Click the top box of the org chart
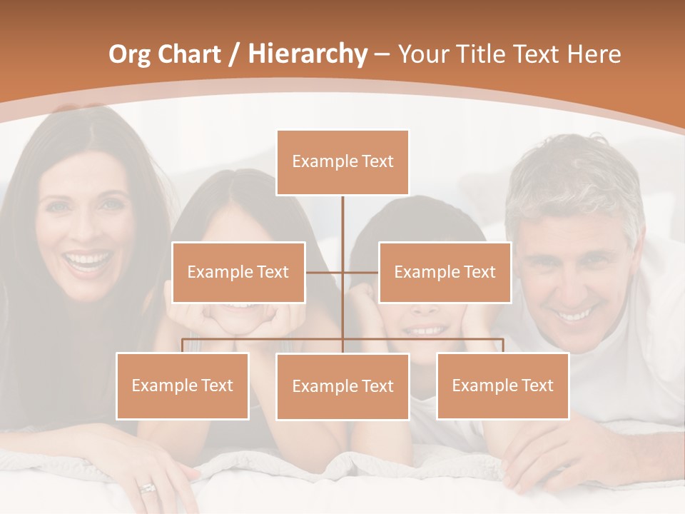point(342,162)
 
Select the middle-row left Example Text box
point(238,272)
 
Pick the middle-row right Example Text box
point(445,272)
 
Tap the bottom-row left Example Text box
point(183,385)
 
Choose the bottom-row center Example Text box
point(342,386)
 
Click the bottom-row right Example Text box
point(502,385)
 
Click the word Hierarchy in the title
point(308,54)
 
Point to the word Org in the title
point(128,54)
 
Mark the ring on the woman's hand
point(148,488)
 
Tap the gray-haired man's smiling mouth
point(575,315)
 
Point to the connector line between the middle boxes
point(342,272)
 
